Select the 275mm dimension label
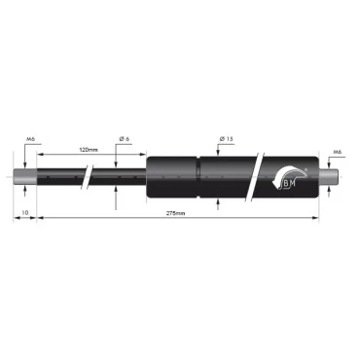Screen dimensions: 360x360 [176, 211]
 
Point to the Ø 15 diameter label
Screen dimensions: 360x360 [226, 141]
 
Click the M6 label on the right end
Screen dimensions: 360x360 [337, 152]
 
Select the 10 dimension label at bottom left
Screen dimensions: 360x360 [25, 211]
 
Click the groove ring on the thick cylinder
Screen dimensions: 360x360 [199, 177]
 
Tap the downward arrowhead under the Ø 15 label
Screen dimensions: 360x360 [218, 154]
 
